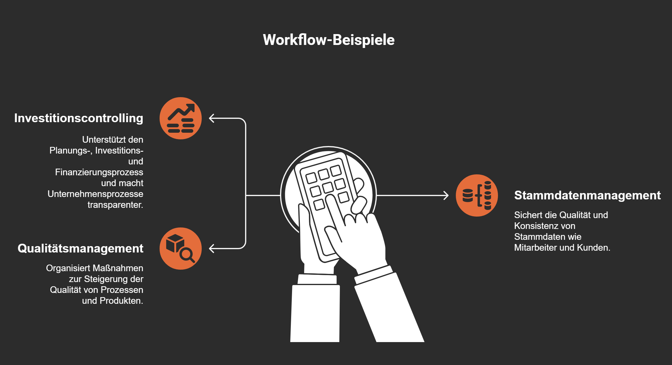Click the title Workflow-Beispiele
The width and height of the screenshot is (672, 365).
(328, 40)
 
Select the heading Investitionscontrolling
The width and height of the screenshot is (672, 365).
(79, 118)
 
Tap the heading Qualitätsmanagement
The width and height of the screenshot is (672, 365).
(80, 248)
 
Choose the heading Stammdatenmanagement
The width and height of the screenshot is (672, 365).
(587, 195)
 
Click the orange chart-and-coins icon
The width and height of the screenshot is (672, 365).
(181, 118)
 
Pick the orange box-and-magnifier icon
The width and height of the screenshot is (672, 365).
(181, 249)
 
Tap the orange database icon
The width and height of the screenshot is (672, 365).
(477, 195)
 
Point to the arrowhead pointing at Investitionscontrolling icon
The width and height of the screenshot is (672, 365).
(212, 118)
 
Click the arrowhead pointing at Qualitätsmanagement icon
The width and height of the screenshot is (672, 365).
(212, 249)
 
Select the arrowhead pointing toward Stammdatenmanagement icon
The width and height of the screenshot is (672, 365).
(446, 195)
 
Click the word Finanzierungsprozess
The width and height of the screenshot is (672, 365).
(99, 172)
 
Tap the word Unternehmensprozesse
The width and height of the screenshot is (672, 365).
(95, 194)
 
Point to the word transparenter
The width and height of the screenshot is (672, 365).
(115, 205)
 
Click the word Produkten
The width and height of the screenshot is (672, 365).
(121, 301)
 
